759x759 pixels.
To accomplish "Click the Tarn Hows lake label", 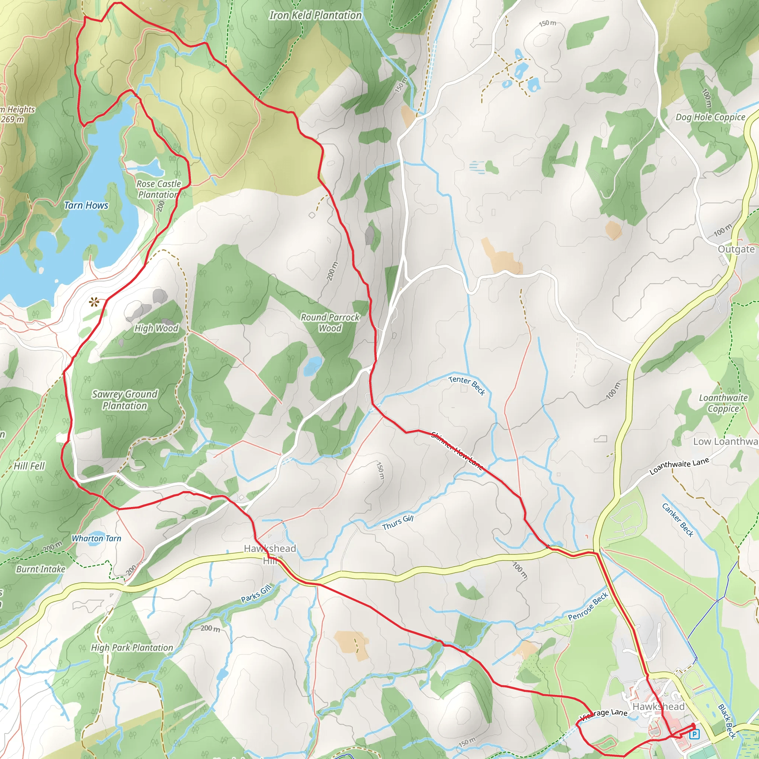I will click(x=86, y=205).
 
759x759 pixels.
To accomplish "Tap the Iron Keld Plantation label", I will click(x=315, y=15).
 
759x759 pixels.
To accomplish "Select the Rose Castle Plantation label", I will click(x=158, y=189).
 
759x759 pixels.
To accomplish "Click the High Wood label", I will click(x=156, y=328).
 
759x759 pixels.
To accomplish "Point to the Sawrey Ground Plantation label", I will click(x=125, y=400).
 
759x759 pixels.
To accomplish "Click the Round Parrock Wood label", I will click(x=330, y=322).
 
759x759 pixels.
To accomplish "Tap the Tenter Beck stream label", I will click(x=467, y=385).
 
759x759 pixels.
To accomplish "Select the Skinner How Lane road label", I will click(x=457, y=450).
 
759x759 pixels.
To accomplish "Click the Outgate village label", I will click(x=736, y=249).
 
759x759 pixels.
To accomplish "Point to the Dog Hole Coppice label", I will click(x=710, y=117).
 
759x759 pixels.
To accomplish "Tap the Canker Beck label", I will click(x=678, y=520).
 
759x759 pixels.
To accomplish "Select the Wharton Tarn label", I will click(x=96, y=538).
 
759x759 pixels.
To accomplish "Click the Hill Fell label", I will click(x=29, y=466).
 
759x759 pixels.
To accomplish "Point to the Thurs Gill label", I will click(x=398, y=523).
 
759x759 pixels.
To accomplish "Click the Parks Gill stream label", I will click(x=256, y=593).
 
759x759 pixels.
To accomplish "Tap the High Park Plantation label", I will click(x=132, y=647).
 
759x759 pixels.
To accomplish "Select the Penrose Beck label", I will click(x=588, y=606).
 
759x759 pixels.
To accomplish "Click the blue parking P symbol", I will click(x=694, y=734).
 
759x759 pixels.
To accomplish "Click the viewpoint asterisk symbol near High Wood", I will click(x=93, y=302).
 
